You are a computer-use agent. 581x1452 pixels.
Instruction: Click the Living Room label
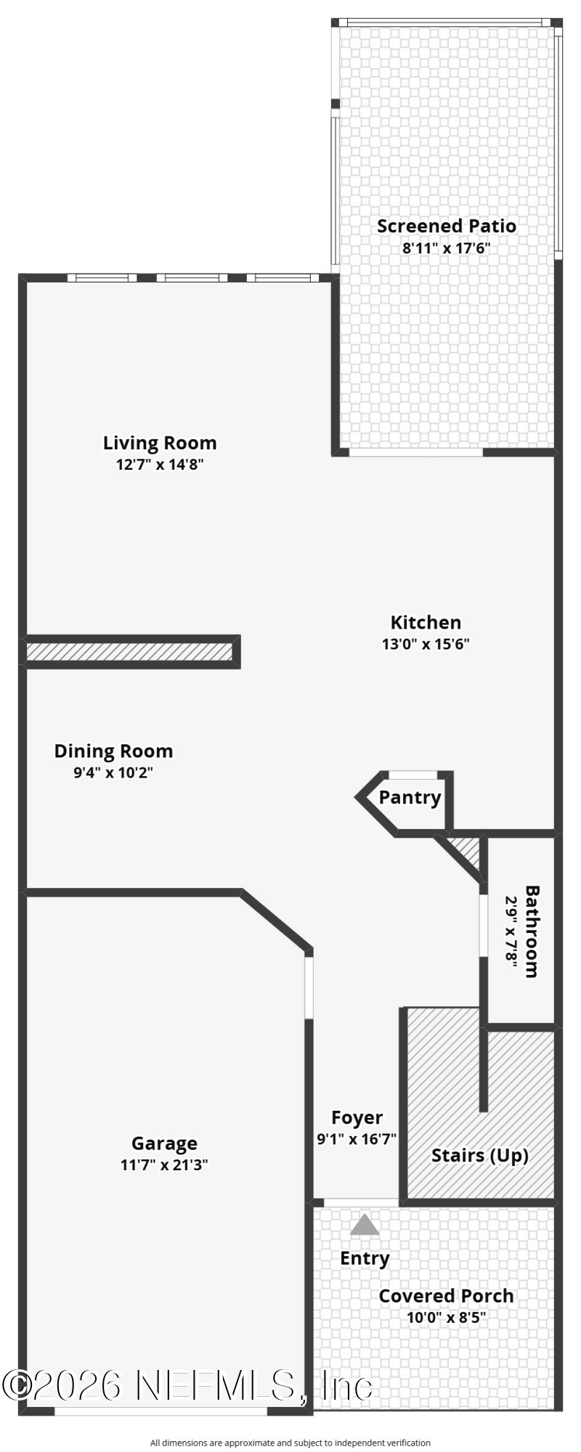(160, 443)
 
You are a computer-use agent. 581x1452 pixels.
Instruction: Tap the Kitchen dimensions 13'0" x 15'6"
(426, 644)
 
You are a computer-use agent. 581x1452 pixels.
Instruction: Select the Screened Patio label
(447, 226)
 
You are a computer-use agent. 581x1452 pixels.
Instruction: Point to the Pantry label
(410, 798)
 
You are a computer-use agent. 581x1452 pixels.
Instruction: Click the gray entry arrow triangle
(365, 1226)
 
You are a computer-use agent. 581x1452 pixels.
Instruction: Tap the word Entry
(365, 1258)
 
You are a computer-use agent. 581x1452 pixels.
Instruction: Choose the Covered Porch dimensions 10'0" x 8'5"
(447, 1318)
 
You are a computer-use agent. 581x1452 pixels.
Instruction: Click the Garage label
(164, 1143)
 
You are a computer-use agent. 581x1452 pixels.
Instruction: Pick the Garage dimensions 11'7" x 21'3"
(164, 1165)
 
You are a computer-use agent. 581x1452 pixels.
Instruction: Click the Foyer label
(357, 1118)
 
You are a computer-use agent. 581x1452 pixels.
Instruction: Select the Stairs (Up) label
(480, 1155)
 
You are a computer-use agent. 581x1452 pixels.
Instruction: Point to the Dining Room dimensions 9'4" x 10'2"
(113, 772)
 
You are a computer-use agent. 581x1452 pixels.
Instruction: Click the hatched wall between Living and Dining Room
(130, 651)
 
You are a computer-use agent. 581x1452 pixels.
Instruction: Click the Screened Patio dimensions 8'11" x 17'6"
(447, 248)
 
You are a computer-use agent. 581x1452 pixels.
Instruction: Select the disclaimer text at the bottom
(290, 1443)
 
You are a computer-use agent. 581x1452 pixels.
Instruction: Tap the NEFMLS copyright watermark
(187, 1385)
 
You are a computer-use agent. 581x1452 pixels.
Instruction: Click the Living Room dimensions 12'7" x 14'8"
(160, 465)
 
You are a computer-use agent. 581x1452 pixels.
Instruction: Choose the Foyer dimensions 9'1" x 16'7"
(357, 1139)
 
